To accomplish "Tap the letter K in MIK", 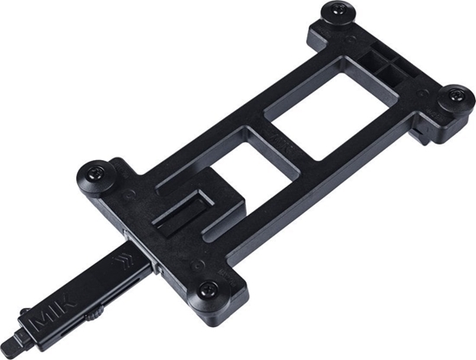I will [x=66, y=305].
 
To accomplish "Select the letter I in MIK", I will [x=54, y=313].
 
